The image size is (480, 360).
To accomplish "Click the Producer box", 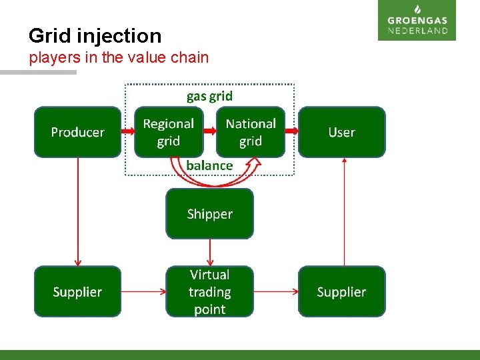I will [x=78, y=132].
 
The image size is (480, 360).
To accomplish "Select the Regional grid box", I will [x=168, y=132].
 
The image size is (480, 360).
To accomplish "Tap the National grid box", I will [x=251, y=132].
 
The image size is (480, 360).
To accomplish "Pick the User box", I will [x=341, y=132].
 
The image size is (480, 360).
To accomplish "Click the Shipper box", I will [x=209, y=214].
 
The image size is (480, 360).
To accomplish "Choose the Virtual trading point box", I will [x=209, y=292].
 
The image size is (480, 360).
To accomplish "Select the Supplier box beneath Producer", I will [x=78, y=292].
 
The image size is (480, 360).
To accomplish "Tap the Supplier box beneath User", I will [x=341, y=292].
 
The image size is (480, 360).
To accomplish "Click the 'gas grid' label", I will [x=209, y=96].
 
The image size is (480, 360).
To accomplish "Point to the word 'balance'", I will [x=209, y=165].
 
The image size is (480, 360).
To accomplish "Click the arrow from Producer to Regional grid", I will [x=129, y=132].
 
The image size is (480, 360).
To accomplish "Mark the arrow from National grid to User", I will [x=291, y=132].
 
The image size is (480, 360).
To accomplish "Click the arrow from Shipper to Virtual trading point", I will [x=210, y=252].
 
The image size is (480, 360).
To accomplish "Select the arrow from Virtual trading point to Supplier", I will [x=276, y=291].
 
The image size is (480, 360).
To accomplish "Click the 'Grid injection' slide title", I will [x=95, y=35].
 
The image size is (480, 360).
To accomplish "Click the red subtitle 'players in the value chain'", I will [x=119, y=58].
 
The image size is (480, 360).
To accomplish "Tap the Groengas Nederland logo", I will [x=417, y=21].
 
